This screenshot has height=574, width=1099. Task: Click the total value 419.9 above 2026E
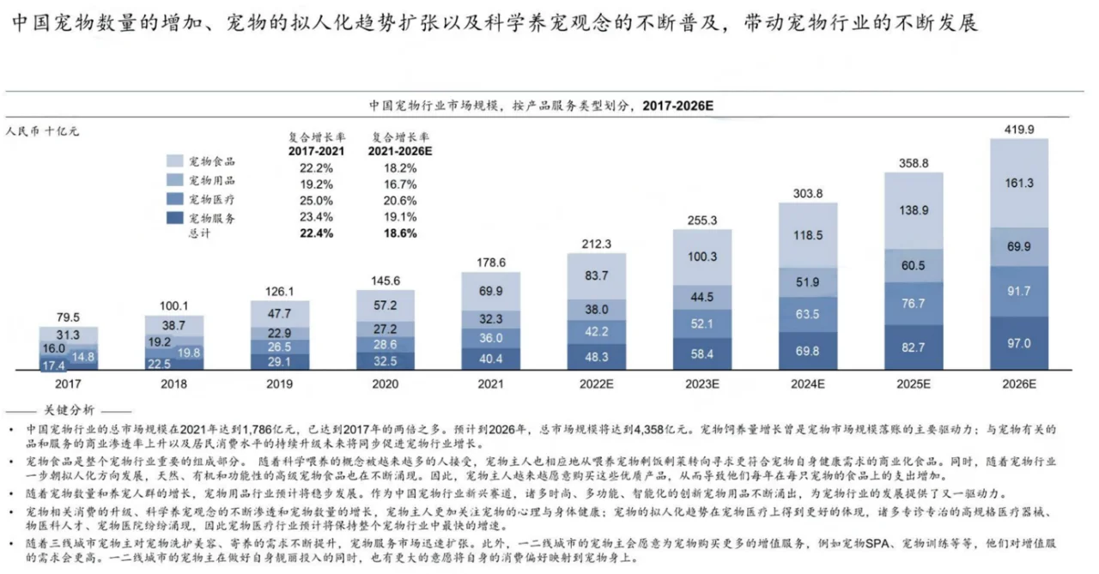(1018, 130)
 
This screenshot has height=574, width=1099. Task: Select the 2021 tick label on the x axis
(489, 384)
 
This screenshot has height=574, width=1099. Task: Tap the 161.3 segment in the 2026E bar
(1018, 183)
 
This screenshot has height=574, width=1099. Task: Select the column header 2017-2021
(317, 150)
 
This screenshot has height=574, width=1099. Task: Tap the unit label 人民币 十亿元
(43, 131)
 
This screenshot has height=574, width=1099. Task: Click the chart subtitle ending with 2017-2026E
(542, 106)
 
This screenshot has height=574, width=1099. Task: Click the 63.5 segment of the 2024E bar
(807, 314)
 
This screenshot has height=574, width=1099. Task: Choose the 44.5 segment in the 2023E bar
(701, 298)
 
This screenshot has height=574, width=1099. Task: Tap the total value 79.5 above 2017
(68, 318)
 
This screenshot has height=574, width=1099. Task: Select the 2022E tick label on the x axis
(596, 384)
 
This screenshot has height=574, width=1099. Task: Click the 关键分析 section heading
(73, 409)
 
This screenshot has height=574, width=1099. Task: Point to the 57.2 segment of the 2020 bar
(385, 306)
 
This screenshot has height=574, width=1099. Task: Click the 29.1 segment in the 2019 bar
(279, 362)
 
